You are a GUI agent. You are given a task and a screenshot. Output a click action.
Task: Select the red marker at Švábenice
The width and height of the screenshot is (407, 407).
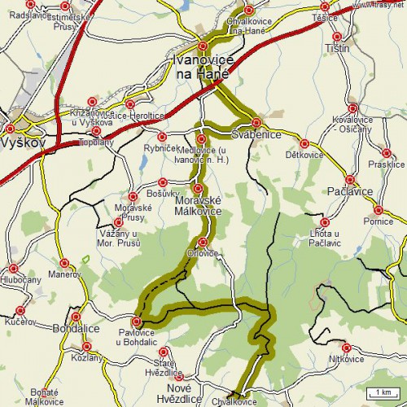[256, 122]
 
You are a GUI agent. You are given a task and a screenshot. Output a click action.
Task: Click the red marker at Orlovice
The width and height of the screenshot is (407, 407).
[202, 242]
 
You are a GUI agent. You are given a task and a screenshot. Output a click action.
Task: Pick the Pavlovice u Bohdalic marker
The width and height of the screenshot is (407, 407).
[137, 322]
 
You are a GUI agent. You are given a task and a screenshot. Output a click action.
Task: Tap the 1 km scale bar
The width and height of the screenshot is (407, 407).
[381, 393]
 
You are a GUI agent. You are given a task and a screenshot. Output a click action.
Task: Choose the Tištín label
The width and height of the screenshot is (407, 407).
[336, 48]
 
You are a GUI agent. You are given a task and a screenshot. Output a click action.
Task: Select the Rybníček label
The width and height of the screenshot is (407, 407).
[160, 147]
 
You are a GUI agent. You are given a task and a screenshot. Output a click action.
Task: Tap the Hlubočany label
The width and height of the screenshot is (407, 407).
[21, 279]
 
